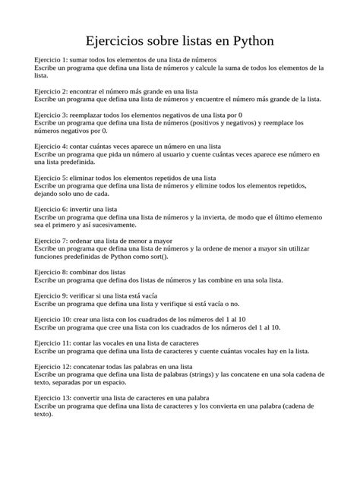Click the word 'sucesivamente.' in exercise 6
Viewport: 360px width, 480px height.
[x=113, y=225]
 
